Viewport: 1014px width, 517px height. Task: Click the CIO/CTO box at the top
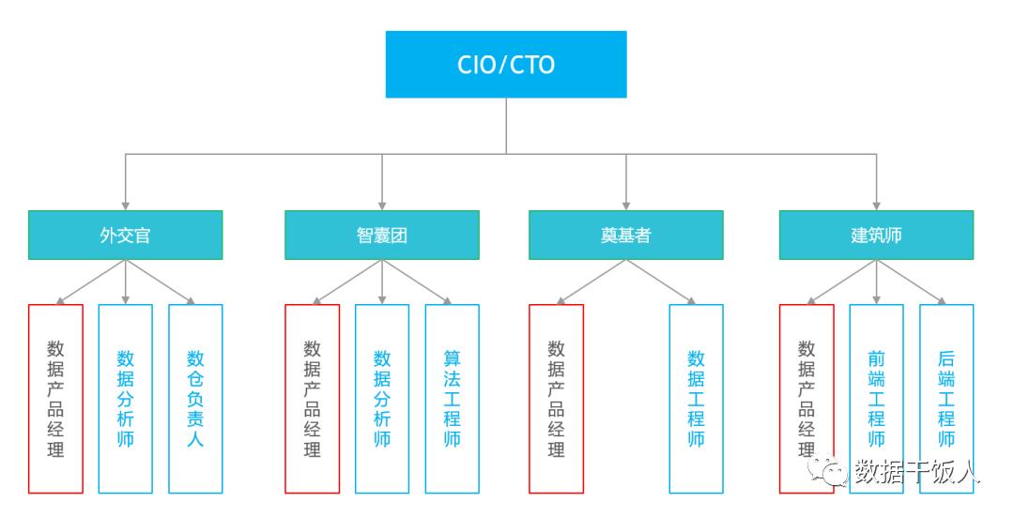506,65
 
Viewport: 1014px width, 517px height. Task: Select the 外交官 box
126,236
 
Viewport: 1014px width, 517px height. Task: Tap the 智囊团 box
381,236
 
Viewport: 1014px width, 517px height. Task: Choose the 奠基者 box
626,236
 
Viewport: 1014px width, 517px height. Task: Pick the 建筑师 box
876,236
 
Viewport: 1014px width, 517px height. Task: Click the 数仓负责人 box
195,399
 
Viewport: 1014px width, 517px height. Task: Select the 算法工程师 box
452,399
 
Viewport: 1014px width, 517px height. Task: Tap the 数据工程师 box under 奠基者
696,399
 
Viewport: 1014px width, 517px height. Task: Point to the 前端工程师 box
876,399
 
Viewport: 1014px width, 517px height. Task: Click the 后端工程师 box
946,399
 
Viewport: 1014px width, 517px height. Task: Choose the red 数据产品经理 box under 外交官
55,399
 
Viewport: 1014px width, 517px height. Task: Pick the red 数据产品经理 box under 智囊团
313,399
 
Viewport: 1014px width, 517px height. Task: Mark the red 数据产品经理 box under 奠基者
556,399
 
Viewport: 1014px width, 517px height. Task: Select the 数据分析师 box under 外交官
126,399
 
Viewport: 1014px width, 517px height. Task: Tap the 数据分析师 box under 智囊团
381,399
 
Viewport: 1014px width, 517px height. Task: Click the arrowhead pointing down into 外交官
126,206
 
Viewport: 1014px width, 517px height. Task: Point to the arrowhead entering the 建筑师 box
876,206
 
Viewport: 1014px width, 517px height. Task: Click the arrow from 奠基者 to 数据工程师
661,281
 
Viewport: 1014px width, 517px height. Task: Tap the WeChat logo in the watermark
827,472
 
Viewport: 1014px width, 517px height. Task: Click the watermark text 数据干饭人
917,472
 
